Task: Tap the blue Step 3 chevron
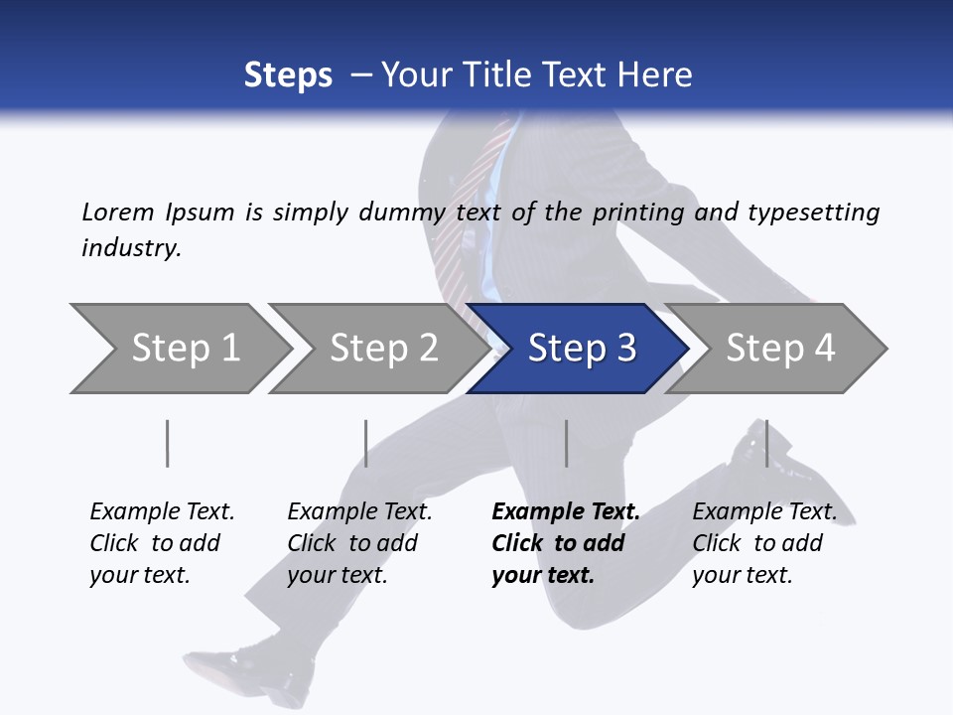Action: (581, 349)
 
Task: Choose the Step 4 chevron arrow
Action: (779, 349)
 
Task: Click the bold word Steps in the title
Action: (288, 75)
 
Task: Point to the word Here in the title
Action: (653, 75)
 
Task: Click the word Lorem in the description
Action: (117, 213)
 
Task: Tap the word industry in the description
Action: (131, 248)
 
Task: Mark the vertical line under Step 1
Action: (168, 443)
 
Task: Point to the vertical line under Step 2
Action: (366, 443)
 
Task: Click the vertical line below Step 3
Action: (566, 443)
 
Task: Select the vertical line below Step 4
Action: (766, 443)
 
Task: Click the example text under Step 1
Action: (161, 543)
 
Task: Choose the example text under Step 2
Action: (358, 543)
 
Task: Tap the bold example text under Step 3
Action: (565, 543)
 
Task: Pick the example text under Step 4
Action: (763, 543)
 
